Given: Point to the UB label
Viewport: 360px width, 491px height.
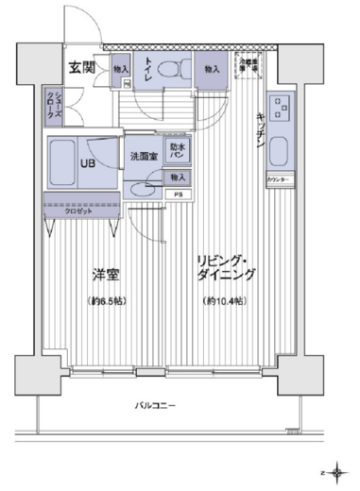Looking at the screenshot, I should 86,161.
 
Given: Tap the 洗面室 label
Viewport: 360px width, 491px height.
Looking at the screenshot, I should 143,155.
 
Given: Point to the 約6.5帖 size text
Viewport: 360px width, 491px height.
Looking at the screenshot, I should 106,301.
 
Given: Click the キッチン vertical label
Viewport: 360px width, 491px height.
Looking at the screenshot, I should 258,127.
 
